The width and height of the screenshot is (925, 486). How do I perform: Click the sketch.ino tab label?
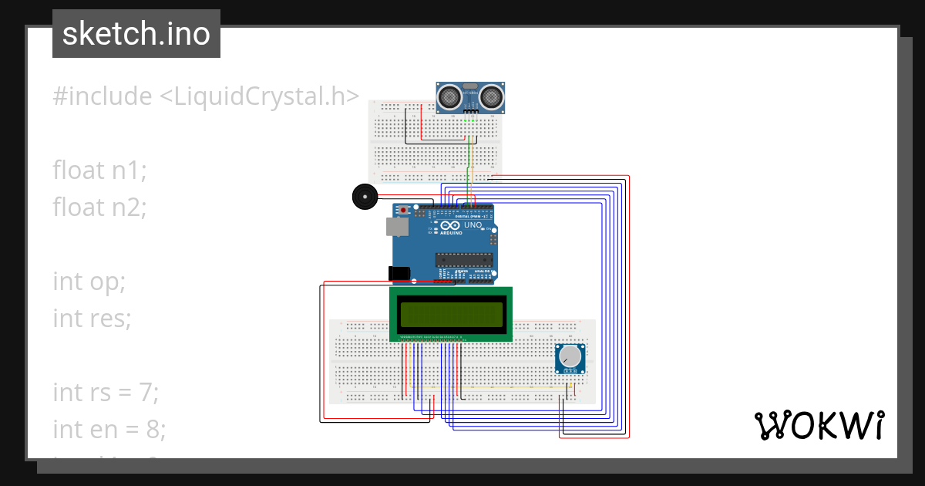pyautogui.click(x=136, y=34)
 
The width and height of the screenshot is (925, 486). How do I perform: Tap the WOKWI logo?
pyautogui.click(x=819, y=425)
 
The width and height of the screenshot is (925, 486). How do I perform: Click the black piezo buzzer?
pyautogui.click(x=363, y=197)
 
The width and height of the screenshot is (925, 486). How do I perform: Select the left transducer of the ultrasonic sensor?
pyautogui.click(x=450, y=96)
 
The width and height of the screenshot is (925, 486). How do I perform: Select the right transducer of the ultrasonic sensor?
pyautogui.click(x=492, y=96)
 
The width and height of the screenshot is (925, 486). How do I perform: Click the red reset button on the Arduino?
pyautogui.click(x=403, y=210)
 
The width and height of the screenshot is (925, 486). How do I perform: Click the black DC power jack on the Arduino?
pyautogui.click(x=399, y=273)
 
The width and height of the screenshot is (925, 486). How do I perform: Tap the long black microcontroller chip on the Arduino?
pyautogui.click(x=462, y=258)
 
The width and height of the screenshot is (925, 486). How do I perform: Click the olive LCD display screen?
pyautogui.click(x=451, y=314)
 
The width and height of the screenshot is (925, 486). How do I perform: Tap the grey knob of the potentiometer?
pyautogui.click(x=570, y=356)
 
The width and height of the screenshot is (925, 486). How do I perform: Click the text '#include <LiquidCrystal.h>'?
pyautogui.click(x=206, y=96)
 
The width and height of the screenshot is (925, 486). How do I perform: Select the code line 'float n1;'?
pyautogui.click(x=99, y=170)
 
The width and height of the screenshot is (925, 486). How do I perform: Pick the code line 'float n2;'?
pyautogui.click(x=99, y=207)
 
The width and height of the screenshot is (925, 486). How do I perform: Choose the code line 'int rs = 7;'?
pyautogui.click(x=106, y=392)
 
